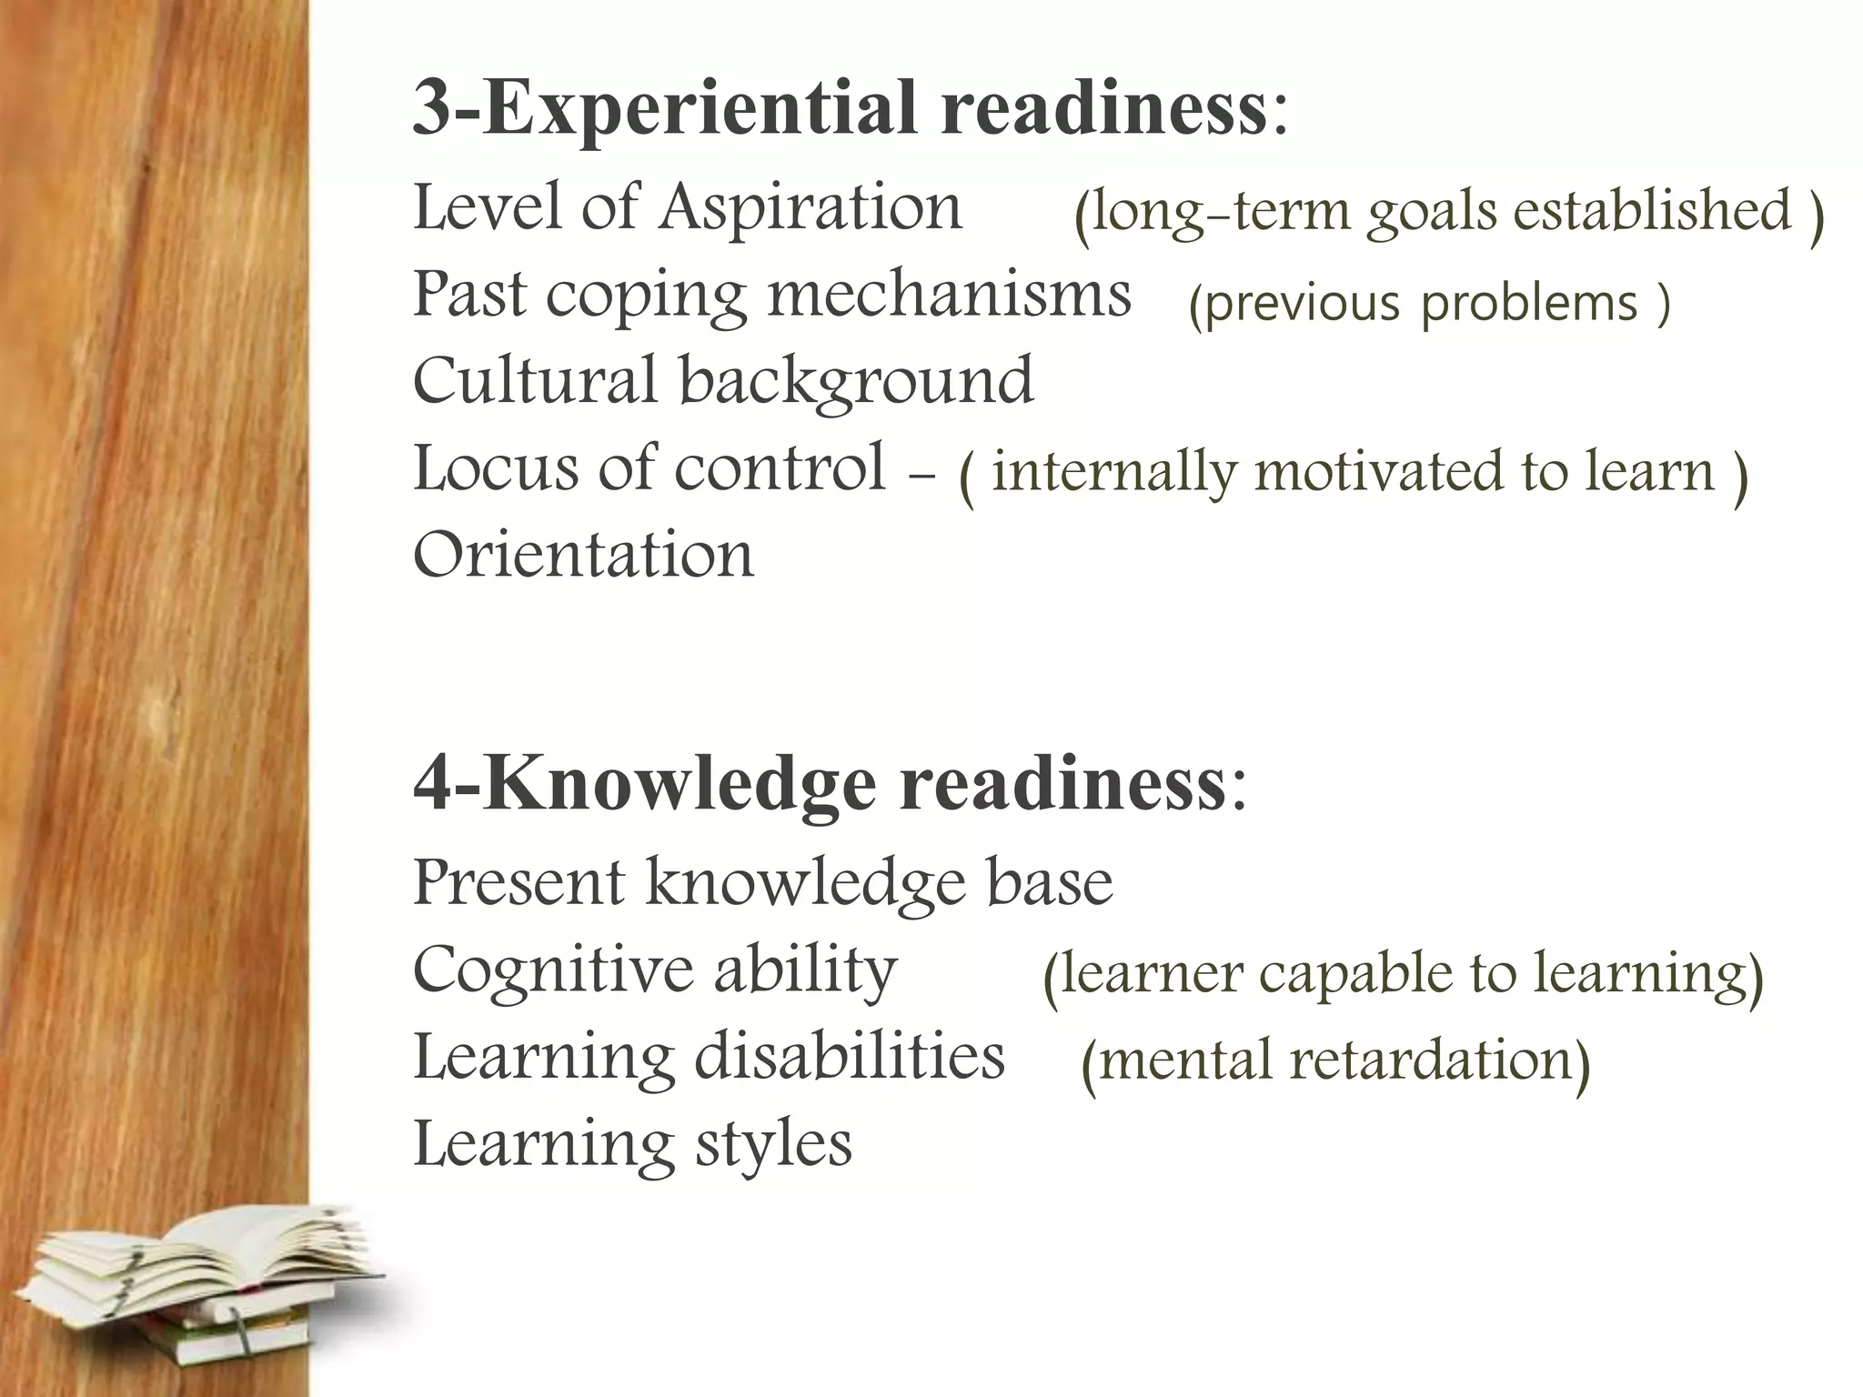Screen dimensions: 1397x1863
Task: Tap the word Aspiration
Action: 811,207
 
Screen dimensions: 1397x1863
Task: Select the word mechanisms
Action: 950,295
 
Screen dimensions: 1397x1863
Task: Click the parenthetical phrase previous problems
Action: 1429,303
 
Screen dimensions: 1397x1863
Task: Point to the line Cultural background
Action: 723,380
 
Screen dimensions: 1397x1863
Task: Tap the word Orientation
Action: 583,555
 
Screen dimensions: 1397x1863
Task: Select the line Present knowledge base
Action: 762,882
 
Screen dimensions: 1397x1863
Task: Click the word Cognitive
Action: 555,970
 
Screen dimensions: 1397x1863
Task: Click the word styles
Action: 773,1144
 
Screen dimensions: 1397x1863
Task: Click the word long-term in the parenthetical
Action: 1218,212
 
